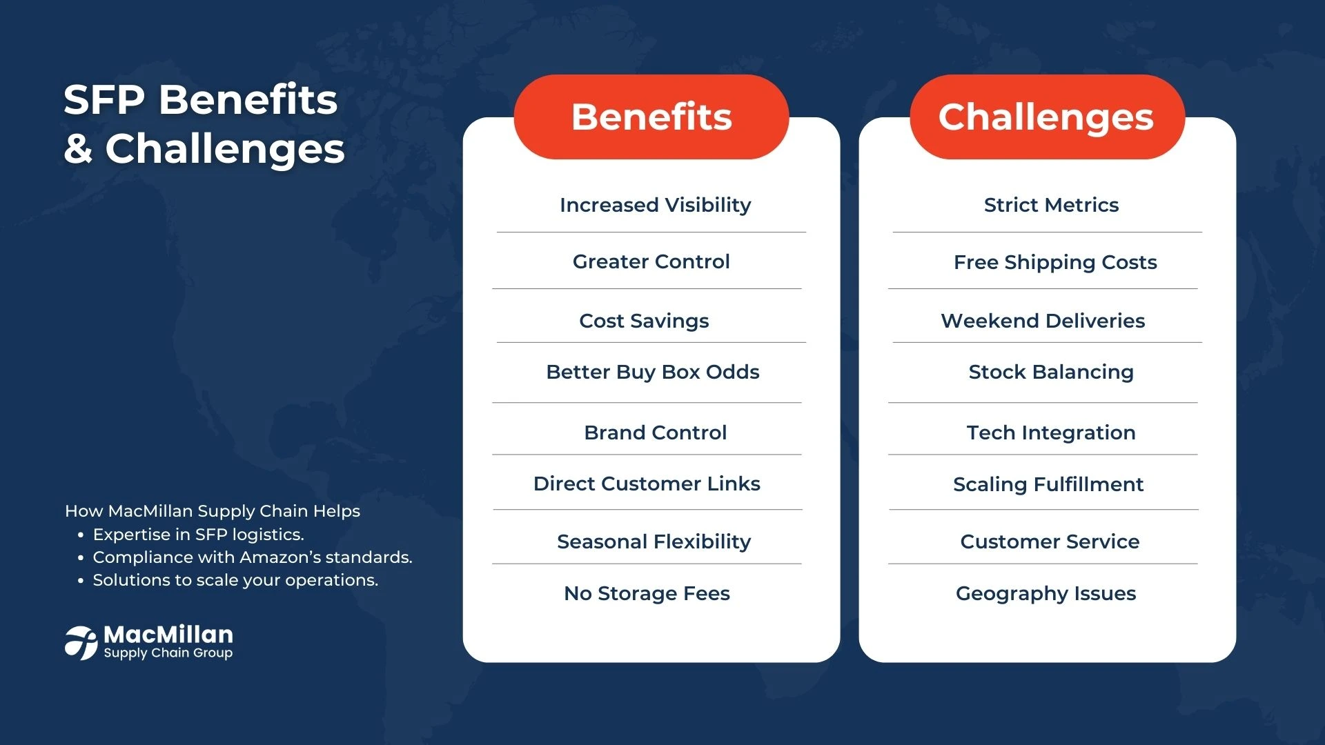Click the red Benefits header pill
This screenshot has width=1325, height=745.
point(651,117)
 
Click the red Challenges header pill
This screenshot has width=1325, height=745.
point(1047,117)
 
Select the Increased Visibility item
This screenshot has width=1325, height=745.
point(655,205)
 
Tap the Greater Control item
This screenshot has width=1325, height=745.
point(651,261)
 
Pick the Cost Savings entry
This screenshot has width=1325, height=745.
point(644,321)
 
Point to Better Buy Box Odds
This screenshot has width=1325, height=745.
point(652,372)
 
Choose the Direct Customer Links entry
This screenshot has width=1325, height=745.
point(647,484)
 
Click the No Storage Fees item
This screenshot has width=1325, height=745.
point(647,593)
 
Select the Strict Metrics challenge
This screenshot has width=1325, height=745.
point(1051,205)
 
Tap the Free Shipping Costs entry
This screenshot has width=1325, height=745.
point(1055,262)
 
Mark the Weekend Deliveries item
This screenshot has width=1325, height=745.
point(1043,321)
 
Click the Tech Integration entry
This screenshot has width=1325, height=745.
point(1051,433)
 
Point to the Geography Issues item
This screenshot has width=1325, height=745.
point(1046,593)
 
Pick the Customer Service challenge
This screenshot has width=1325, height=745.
point(1050,542)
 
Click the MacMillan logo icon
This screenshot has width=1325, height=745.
point(81,643)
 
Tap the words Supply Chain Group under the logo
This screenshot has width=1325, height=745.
point(168,653)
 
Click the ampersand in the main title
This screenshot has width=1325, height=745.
point(78,149)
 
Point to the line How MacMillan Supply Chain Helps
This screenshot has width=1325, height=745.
point(213,511)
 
